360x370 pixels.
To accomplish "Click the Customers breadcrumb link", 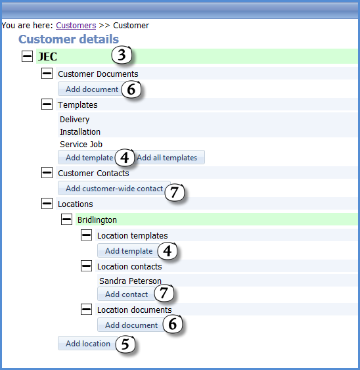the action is [x=76, y=25].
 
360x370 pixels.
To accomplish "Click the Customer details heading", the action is [x=69, y=39].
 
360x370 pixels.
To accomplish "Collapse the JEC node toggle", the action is [x=27, y=56].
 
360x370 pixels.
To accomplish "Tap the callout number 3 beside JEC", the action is [x=122, y=55].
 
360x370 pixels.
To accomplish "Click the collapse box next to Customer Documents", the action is [x=47, y=74].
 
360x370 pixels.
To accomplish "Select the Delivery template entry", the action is [x=74, y=120].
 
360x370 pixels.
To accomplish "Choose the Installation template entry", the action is [x=80, y=131].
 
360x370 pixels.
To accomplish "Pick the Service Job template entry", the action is [x=81, y=144].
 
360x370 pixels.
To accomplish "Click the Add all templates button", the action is [x=167, y=157].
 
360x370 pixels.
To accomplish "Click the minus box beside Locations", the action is [x=47, y=204].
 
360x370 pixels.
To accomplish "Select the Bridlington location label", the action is [x=97, y=220].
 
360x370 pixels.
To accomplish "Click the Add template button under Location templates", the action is [x=129, y=250].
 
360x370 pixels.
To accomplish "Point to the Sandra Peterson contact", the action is [x=130, y=281].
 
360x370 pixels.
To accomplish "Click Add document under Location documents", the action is [x=131, y=325].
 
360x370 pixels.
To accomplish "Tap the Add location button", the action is [x=88, y=343].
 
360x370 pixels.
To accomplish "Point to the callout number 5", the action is [x=125, y=344].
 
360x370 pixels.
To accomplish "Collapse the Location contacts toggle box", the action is [x=86, y=266].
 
